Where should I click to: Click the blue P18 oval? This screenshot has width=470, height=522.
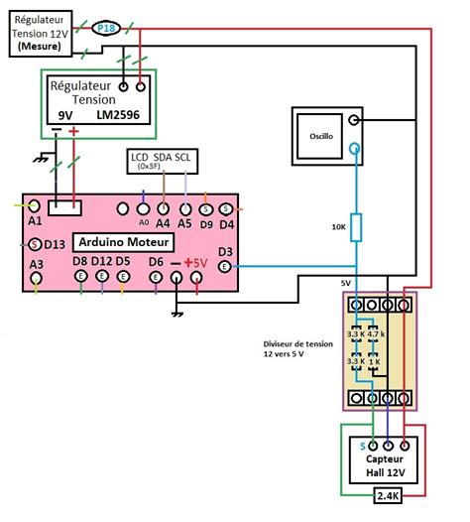coord(106,29)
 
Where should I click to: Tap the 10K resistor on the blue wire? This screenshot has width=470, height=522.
coord(358,228)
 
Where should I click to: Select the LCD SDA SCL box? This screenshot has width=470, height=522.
coord(162,161)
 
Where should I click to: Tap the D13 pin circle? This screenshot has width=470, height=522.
coord(35,244)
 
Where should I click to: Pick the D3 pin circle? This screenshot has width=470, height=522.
coord(224,266)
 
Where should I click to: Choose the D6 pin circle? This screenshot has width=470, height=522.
coord(156,280)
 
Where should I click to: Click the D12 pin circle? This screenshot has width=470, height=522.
coord(101,280)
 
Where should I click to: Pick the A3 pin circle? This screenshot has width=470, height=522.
coord(37,281)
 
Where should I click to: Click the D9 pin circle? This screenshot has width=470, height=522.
coord(205,208)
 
